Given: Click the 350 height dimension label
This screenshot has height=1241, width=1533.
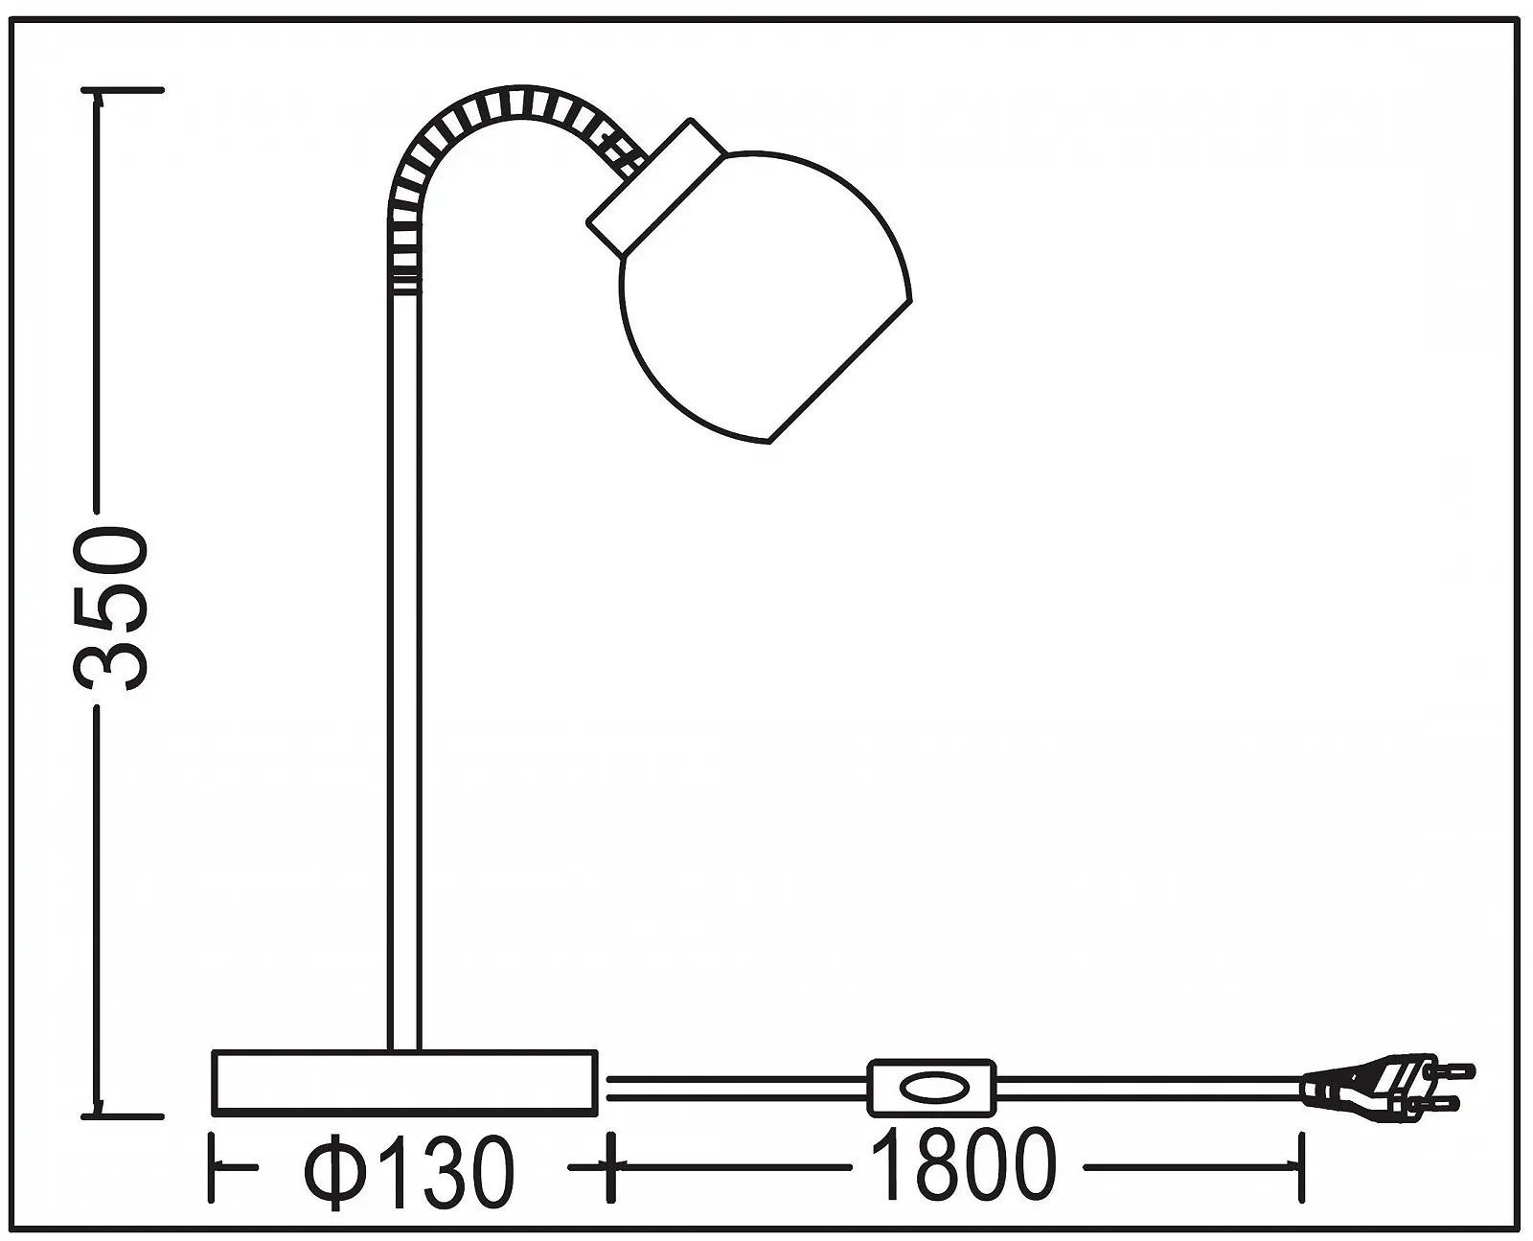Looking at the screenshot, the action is click(112, 609).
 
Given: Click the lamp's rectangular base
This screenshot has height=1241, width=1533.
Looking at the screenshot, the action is click(404, 1083).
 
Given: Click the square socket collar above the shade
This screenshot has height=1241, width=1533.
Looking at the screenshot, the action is click(657, 186).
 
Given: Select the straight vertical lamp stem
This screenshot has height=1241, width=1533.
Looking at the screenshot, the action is click(403, 671).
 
